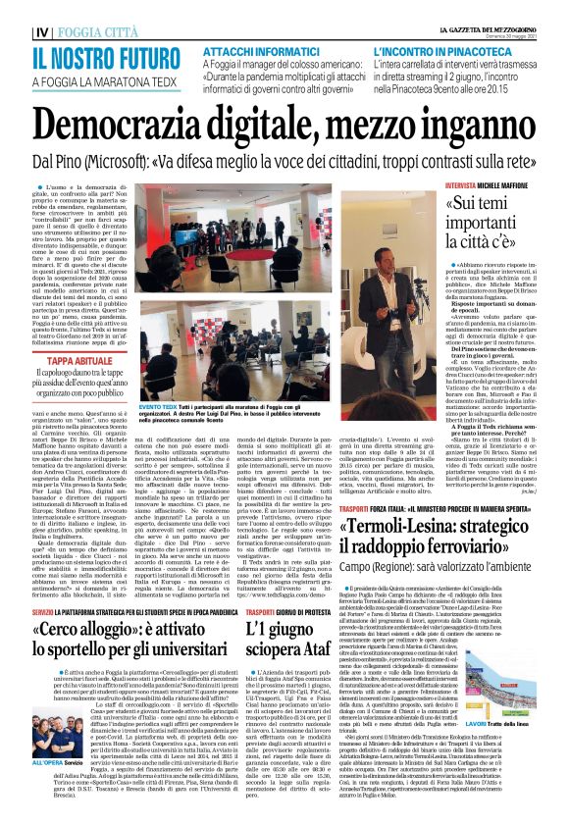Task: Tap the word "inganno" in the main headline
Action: coord(485,125)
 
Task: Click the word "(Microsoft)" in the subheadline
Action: coord(147,161)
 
